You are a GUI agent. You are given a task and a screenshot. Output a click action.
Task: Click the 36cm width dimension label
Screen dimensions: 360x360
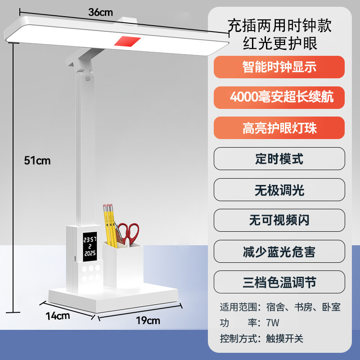(x=100, y=13)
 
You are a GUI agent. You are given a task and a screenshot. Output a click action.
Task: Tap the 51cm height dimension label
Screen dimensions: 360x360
(x=37, y=160)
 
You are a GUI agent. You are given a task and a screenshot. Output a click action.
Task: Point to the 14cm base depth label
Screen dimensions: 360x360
(x=58, y=315)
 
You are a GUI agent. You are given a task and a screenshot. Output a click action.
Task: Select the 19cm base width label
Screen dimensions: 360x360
(x=148, y=320)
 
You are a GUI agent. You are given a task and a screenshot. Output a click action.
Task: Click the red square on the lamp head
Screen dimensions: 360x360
(x=127, y=41)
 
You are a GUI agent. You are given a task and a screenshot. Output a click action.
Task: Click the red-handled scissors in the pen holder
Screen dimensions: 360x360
(x=128, y=233)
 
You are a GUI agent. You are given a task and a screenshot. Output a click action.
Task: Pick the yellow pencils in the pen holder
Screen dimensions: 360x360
(x=109, y=225)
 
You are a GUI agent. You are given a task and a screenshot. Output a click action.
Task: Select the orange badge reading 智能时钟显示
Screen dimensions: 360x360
(x=279, y=67)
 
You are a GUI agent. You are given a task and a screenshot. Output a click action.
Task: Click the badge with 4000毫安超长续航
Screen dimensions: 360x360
(x=279, y=97)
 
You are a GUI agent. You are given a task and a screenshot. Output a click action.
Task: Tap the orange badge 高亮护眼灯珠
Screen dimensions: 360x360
(x=279, y=128)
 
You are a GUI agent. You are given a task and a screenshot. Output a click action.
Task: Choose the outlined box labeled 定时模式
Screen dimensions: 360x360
(x=279, y=159)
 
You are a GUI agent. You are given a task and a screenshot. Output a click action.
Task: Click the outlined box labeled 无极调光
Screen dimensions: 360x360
(x=279, y=190)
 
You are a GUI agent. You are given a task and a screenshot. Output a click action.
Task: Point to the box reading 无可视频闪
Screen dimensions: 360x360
(x=279, y=220)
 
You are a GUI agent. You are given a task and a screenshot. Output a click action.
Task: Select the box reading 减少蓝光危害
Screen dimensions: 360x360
(x=279, y=251)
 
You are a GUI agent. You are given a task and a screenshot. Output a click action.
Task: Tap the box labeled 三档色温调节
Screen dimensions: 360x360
(x=279, y=282)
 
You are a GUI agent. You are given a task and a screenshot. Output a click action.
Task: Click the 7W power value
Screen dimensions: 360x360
(x=272, y=323)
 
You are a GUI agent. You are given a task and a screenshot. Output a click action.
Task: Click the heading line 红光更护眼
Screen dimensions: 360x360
(x=280, y=44)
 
